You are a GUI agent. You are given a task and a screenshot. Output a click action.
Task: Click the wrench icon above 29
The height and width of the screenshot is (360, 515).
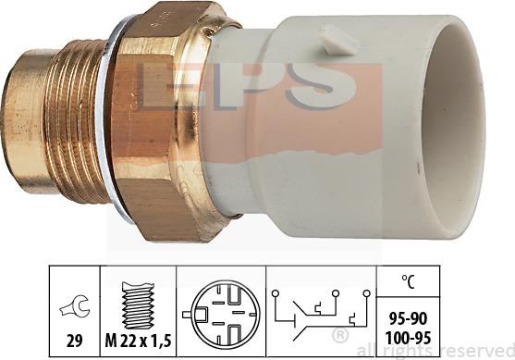point(74,305)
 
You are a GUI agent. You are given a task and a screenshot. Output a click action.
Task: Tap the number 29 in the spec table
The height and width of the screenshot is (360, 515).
point(75,341)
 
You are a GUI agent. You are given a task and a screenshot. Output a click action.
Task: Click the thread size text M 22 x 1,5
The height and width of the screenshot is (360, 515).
point(138,341)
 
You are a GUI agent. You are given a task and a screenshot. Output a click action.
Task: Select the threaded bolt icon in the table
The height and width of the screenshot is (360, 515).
point(138,305)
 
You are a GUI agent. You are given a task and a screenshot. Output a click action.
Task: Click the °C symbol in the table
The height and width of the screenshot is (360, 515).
point(408,281)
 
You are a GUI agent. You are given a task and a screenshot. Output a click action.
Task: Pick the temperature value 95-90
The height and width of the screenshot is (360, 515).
point(408,318)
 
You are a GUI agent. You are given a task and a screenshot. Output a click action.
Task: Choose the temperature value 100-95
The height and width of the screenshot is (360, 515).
point(408,338)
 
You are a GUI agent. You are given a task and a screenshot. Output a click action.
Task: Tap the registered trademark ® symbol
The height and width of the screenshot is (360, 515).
point(340,336)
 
